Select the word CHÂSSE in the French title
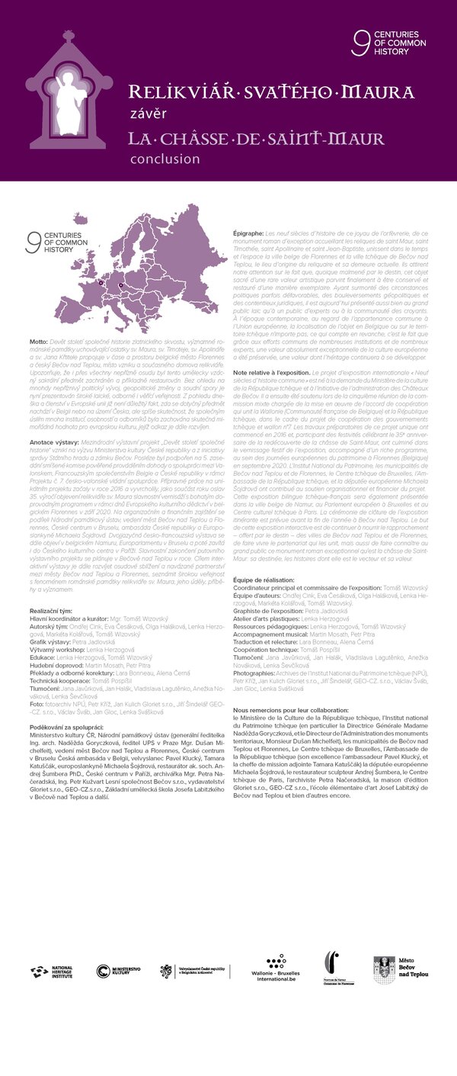[209, 139]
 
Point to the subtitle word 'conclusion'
[165, 159]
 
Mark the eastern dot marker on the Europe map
[117, 287]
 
